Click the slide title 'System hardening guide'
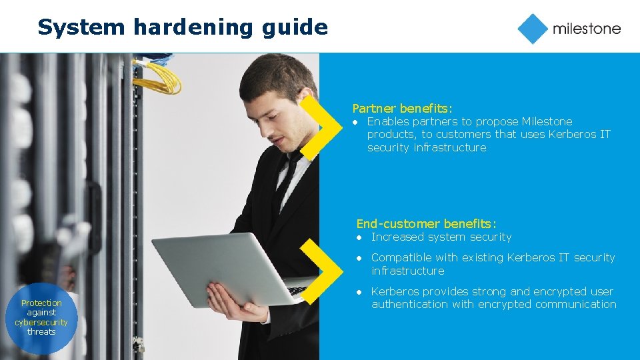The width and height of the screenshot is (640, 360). [x=183, y=27]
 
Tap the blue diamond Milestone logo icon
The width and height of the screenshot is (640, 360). [x=533, y=29]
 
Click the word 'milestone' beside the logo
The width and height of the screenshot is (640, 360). [x=586, y=29]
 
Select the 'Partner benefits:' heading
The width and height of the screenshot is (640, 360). [x=402, y=108]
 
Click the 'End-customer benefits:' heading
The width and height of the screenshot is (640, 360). [x=426, y=224]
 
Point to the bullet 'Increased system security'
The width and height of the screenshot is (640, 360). [x=441, y=237]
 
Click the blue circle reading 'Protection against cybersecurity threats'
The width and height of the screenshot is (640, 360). [x=41, y=317]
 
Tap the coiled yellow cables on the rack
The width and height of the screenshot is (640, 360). [x=157, y=77]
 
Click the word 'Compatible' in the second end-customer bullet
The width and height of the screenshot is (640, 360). [x=399, y=257]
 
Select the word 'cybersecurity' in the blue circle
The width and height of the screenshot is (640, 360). [x=41, y=322]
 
